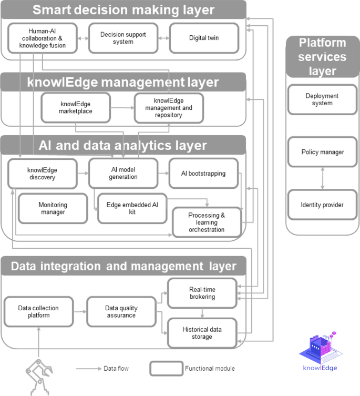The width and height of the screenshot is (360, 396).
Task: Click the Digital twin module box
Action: click(x=204, y=38)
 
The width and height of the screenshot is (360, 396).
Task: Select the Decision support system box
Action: click(x=123, y=38)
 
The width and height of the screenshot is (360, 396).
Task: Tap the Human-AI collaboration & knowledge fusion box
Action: click(x=43, y=38)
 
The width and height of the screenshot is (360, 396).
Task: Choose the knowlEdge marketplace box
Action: click(x=76, y=107)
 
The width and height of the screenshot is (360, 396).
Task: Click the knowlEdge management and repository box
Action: click(x=169, y=108)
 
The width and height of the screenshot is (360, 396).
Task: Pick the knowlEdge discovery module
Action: click(x=42, y=174)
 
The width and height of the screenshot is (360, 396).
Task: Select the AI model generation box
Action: click(x=123, y=173)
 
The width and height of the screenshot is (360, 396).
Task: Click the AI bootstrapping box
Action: click(x=203, y=173)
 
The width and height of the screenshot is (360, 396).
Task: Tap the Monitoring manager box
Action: click(x=53, y=208)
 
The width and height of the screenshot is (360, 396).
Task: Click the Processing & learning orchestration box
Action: click(x=207, y=222)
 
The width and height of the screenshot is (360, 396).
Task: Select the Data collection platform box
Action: click(x=38, y=312)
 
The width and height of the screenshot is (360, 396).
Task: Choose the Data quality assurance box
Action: click(x=120, y=312)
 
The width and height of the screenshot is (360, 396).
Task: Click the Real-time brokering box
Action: click(x=202, y=293)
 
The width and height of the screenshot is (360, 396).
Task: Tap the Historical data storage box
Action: click(x=202, y=333)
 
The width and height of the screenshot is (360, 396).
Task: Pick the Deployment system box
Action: click(x=322, y=99)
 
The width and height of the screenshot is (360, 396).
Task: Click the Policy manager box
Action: click(x=322, y=152)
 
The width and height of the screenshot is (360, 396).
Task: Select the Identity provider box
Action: click(x=322, y=205)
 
